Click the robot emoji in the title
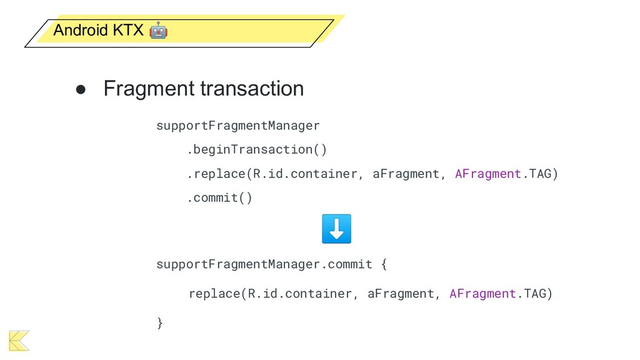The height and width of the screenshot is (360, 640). [x=158, y=29]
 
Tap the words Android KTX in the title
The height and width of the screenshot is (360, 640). [x=98, y=30]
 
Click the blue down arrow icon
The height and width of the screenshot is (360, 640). [x=336, y=229]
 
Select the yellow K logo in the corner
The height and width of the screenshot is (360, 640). [x=19, y=340]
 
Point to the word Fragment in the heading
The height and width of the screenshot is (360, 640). [x=149, y=89]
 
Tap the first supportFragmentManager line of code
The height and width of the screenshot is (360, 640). [x=237, y=126]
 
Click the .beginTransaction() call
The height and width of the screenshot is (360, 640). [x=257, y=150]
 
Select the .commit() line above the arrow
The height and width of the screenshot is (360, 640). [x=220, y=198]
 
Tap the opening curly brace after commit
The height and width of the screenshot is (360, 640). [x=384, y=264]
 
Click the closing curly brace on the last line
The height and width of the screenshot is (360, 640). [x=159, y=322]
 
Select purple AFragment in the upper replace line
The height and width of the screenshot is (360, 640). [x=487, y=174]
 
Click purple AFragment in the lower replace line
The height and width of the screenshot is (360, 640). [x=482, y=294]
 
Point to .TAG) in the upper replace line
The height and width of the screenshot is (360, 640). [x=539, y=174]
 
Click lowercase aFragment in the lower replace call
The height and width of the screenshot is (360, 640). [x=401, y=294]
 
